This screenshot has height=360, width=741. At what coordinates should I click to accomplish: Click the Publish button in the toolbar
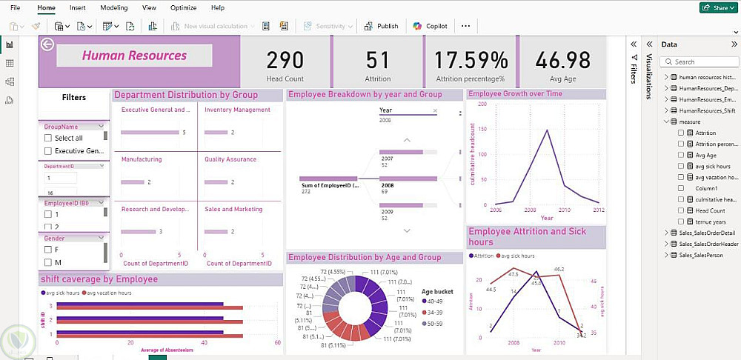tap(382, 26)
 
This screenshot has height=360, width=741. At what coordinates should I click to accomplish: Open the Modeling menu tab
tap(113, 7)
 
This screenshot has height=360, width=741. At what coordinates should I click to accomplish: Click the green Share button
tap(717, 7)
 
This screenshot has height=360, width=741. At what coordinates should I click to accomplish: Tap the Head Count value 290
tap(285, 60)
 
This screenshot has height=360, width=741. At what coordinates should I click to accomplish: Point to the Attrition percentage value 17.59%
tap(471, 60)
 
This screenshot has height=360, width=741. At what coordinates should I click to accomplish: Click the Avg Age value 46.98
tap(563, 60)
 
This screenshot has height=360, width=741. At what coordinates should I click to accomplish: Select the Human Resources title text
tap(134, 56)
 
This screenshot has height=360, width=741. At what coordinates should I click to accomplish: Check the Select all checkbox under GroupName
tap(48, 138)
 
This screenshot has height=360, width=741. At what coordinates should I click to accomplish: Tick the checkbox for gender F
tap(48, 250)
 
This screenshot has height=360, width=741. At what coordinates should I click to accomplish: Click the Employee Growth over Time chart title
tap(516, 94)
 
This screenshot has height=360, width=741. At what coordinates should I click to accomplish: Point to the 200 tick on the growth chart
tap(482, 104)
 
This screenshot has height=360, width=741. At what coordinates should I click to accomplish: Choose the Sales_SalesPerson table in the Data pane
tap(703, 256)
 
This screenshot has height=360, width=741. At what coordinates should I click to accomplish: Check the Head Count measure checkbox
tap(681, 210)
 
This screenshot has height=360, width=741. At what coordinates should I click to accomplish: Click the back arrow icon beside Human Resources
tap(48, 44)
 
